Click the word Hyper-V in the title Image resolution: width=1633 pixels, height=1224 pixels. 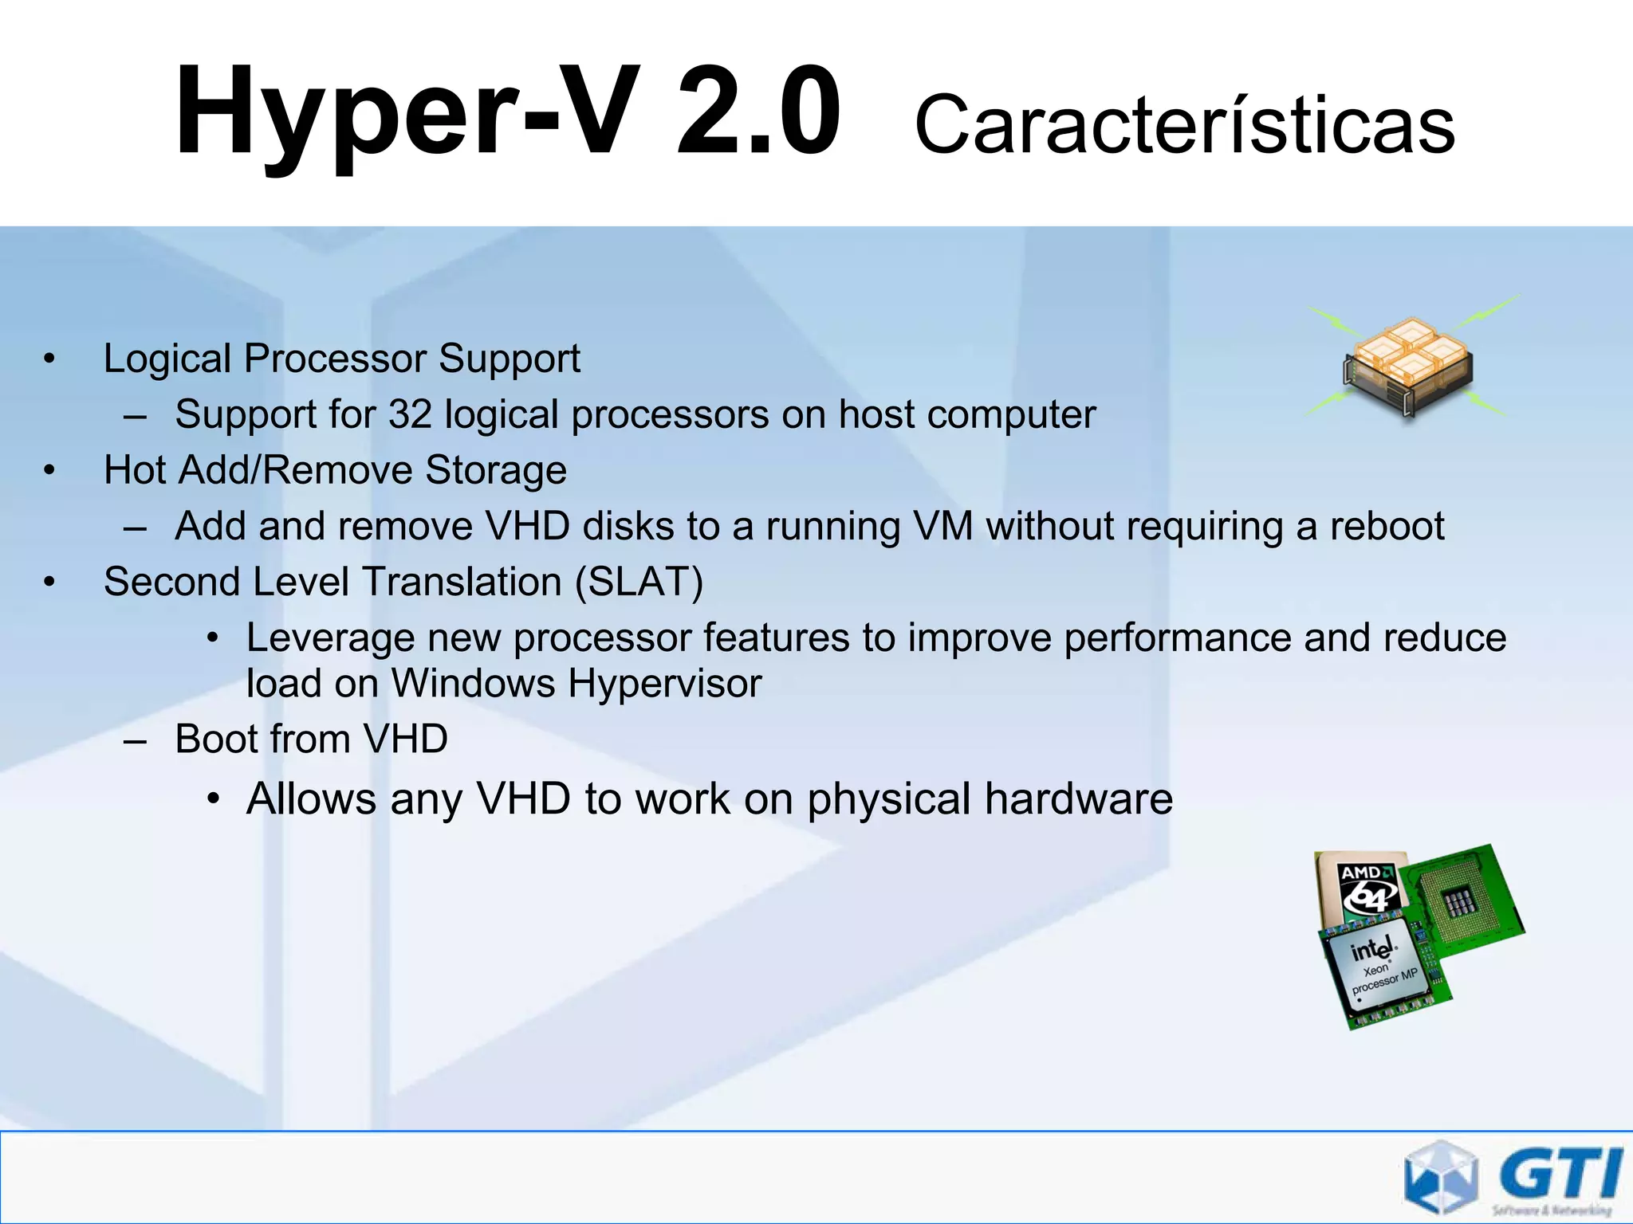point(407,112)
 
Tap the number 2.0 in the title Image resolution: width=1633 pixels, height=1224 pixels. point(757,112)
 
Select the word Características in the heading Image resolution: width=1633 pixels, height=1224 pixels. point(1185,125)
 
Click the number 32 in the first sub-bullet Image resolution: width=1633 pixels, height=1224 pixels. point(410,414)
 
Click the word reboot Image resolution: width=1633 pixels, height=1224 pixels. point(1387,526)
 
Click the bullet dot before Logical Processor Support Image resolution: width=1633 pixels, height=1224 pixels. point(49,359)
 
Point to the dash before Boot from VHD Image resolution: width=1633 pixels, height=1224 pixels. point(136,741)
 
